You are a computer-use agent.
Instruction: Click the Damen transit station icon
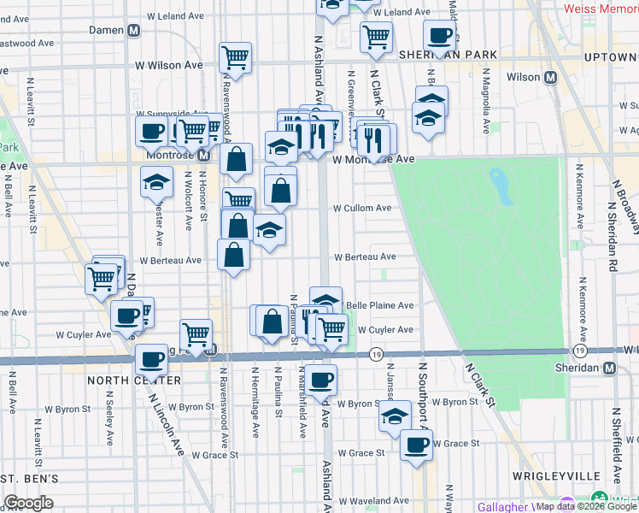coord(133,30)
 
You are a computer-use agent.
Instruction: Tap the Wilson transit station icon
coord(551,77)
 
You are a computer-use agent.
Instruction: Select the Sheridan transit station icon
coord(609,368)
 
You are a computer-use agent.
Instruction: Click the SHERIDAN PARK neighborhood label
coord(448,55)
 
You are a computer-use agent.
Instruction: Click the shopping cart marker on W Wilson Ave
coord(235,58)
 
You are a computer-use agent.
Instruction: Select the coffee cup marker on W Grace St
coord(416,445)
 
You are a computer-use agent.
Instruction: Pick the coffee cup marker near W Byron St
coord(321,379)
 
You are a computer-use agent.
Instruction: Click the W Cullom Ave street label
coord(362,208)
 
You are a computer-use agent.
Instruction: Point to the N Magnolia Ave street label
coord(485,108)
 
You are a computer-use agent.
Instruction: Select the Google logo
coord(28,503)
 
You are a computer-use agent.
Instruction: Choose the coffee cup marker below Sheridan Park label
coord(439,37)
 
